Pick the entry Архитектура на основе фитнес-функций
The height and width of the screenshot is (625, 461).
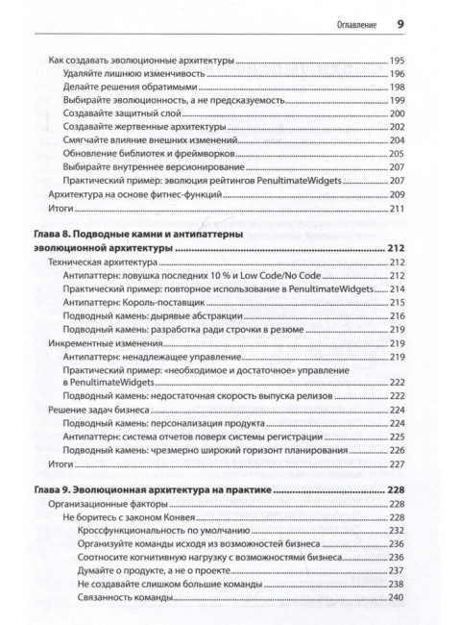point(128,195)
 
